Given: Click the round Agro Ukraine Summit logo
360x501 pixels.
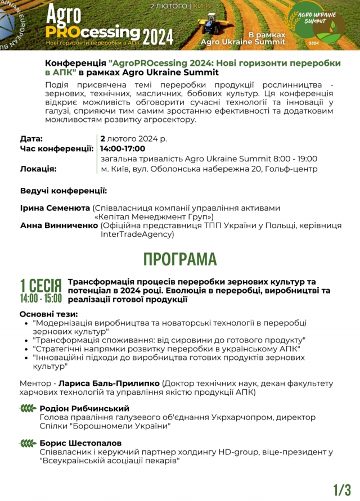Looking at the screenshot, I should (x=321, y=25).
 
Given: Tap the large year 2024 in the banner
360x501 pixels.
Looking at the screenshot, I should (x=157, y=36).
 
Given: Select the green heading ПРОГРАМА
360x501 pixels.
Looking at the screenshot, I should (x=180, y=259).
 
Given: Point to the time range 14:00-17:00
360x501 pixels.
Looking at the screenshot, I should (x=123, y=148).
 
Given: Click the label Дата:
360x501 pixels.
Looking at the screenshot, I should (x=31, y=138).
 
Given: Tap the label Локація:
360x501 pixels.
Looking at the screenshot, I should (x=38, y=169).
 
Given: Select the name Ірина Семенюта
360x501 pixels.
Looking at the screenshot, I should (x=55, y=207).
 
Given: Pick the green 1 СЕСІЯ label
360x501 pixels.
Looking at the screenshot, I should (x=40, y=285).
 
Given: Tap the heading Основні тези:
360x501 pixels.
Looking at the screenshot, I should (x=49, y=314).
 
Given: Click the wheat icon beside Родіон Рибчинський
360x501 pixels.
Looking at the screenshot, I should (x=29, y=408).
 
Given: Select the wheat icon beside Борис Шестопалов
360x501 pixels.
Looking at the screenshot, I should (x=29, y=443).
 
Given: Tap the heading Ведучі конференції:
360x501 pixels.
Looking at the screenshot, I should (x=64, y=191).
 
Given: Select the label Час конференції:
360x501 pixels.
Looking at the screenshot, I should (x=57, y=148).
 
